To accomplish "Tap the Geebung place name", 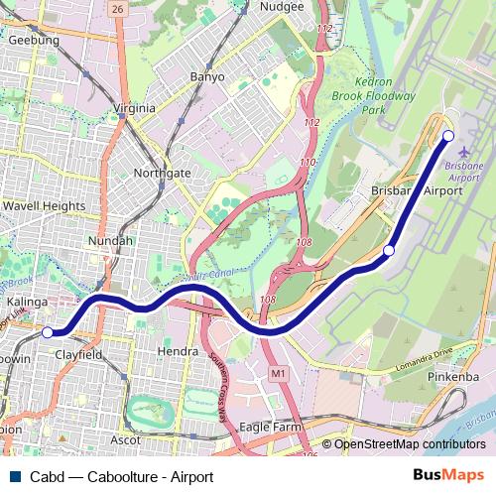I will click(33, 41).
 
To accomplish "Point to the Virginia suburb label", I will click(135, 107).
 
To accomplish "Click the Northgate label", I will click(162, 173).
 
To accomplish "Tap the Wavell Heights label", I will click(43, 206).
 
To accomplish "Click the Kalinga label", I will click(28, 300).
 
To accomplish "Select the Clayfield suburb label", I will click(78, 352).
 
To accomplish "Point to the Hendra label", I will click(179, 351).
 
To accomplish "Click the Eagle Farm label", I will click(270, 427).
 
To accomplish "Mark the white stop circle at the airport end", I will click(448, 136).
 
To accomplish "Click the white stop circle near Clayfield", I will click(48, 332).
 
